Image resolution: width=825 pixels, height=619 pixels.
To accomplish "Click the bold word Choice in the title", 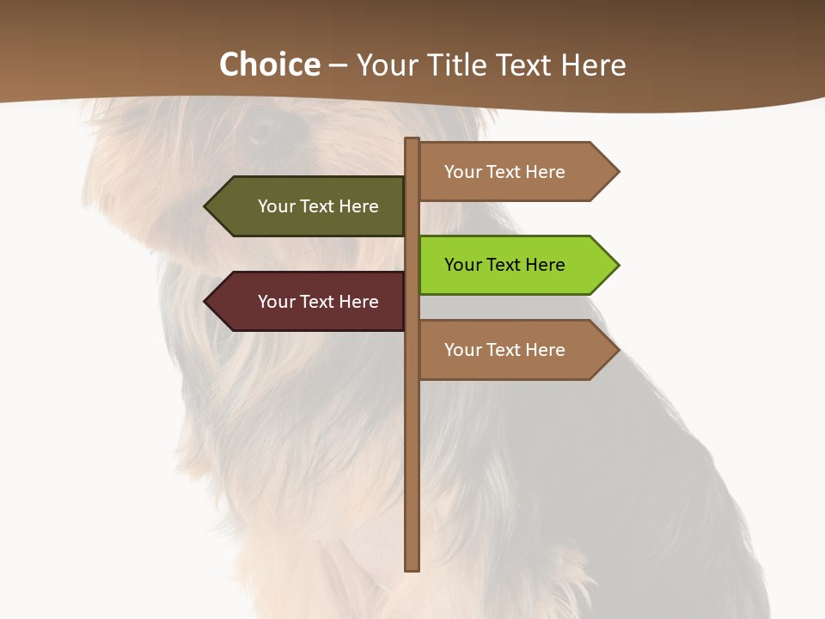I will pyautogui.click(x=269, y=64).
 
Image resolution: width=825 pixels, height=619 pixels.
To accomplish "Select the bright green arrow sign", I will pyautogui.click(x=516, y=265).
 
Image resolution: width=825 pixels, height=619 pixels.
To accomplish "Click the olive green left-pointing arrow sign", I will pyautogui.click(x=309, y=206).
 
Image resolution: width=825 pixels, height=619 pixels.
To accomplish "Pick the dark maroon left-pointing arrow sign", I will pyautogui.click(x=309, y=302).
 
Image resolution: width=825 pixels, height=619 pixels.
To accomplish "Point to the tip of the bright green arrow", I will pyautogui.click(x=617, y=265).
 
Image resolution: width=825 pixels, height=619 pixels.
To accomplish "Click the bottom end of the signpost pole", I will pyautogui.click(x=412, y=567).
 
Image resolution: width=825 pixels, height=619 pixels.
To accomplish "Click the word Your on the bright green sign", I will pyautogui.click(x=463, y=265).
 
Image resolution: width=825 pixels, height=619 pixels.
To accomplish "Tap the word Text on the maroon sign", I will pyautogui.click(x=318, y=302).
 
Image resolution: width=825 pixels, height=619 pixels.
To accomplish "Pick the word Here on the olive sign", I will pyautogui.click(x=359, y=206).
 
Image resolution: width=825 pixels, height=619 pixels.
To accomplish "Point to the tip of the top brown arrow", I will pyautogui.click(x=617, y=172).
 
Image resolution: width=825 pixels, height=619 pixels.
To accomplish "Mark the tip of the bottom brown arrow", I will pyautogui.click(x=617, y=350).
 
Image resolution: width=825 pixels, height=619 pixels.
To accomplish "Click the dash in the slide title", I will pyautogui.click(x=338, y=65).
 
